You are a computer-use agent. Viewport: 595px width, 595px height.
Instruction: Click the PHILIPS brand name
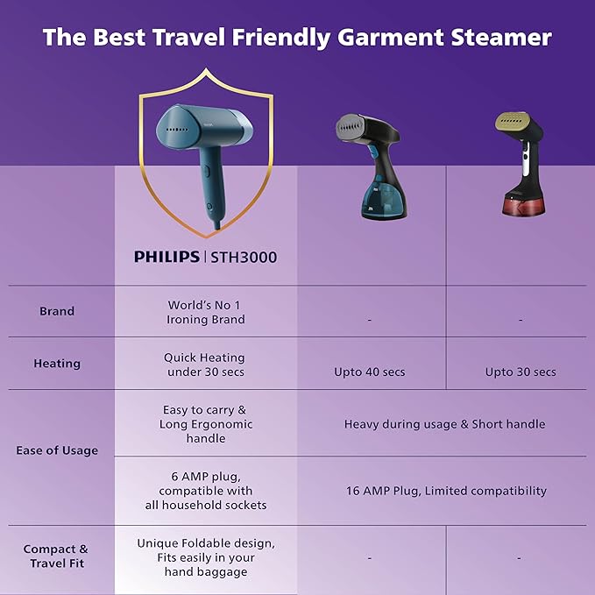(166, 257)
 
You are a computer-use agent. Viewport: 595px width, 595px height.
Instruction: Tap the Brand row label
(57, 311)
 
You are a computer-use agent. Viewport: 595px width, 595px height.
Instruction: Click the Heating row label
(57, 364)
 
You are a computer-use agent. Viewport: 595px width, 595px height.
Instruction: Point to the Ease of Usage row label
(57, 450)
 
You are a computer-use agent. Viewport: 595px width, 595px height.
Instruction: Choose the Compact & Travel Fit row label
(56, 556)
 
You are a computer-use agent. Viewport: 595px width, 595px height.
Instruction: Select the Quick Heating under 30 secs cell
(204, 365)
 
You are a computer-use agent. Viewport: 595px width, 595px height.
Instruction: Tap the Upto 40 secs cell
(369, 372)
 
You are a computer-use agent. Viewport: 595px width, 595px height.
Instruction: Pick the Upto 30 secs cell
(521, 372)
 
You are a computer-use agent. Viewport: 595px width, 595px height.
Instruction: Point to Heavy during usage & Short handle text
(444, 424)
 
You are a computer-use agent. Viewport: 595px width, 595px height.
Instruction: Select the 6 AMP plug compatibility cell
(206, 491)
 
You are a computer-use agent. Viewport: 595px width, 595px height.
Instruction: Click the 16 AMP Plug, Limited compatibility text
(446, 491)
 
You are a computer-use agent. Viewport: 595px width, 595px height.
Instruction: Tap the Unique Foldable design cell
(206, 557)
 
